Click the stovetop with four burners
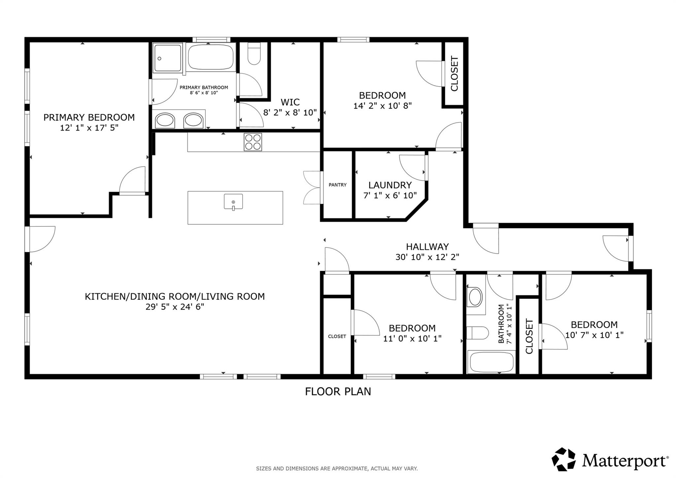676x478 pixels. [253, 142]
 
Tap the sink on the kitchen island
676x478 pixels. [233, 202]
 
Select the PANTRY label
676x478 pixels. [338, 185]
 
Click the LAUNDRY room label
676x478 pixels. [390, 185]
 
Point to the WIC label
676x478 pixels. [290, 102]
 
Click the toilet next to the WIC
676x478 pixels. [254, 53]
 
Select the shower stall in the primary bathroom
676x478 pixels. [167, 58]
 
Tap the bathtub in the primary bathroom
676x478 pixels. [211, 57]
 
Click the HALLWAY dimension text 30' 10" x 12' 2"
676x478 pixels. [427, 257]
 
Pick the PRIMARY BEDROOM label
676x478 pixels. [89, 118]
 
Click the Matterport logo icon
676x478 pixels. [564, 459]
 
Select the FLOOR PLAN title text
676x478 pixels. [338, 392]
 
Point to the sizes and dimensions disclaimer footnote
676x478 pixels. [337, 468]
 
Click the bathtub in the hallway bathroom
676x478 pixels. [491, 362]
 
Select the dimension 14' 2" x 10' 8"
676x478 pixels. [383, 106]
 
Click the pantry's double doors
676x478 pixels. [312, 188]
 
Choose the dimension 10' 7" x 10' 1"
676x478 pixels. [594, 335]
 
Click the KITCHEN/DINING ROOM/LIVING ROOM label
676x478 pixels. [175, 296]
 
